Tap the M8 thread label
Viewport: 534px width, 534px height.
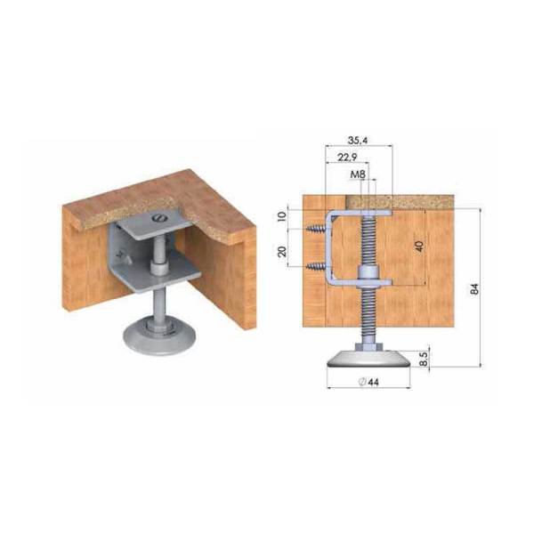pyautogui.click(x=359, y=174)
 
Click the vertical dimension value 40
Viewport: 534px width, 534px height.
pyautogui.click(x=418, y=247)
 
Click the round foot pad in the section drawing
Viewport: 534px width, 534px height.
pyautogui.click(x=368, y=358)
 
